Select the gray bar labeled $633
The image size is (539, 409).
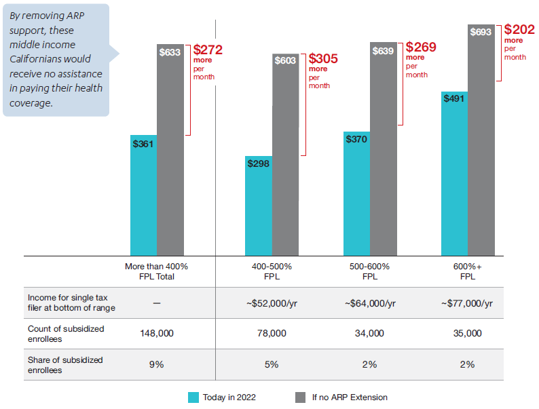click(170, 149)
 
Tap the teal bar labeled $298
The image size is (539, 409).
click(258, 206)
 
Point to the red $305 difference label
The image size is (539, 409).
click(322, 59)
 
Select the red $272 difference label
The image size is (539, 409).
click(207, 50)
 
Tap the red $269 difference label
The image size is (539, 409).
click(420, 47)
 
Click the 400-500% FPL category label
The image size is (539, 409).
click(272, 271)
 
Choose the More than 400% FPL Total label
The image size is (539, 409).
click(156, 271)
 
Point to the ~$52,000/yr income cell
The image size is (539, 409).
click(272, 303)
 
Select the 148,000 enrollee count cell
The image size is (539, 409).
click(156, 334)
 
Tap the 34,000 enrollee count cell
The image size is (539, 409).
click(370, 334)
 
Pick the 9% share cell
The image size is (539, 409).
click(156, 364)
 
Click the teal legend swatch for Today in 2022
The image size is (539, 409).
click(193, 397)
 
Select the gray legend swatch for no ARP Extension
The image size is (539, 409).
click(301, 397)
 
